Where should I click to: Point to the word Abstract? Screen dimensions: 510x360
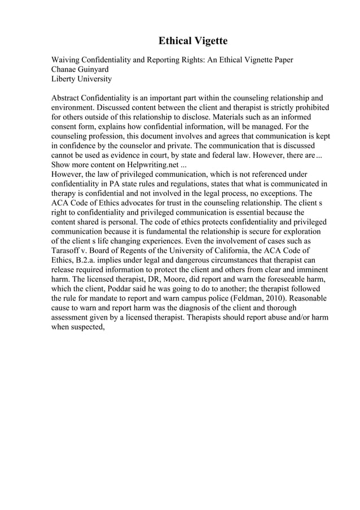pyautogui.click(x=67, y=98)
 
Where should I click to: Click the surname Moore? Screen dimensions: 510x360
pyautogui.click(x=200, y=280)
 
